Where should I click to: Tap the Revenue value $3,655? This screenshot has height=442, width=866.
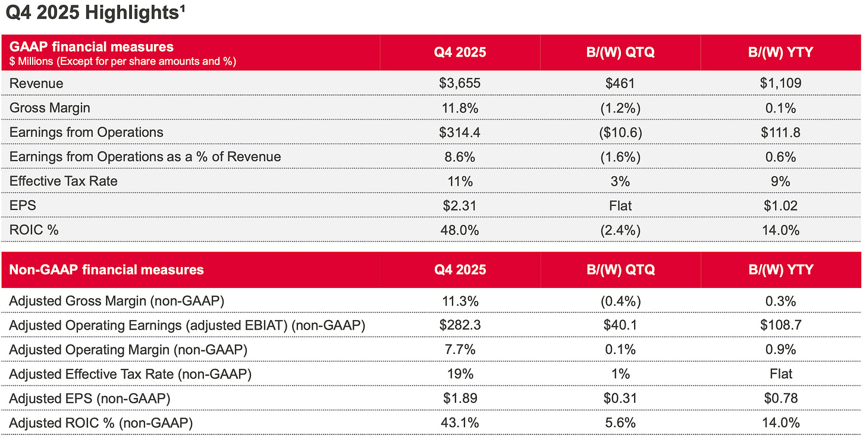(x=459, y=83)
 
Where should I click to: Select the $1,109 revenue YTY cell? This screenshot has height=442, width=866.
(x=780, y=83)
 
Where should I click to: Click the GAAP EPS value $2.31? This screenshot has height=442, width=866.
(x=459, y=205)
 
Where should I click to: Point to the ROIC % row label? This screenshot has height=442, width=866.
(x=34, y=230)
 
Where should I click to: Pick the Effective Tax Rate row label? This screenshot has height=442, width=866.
(x=64, y=181)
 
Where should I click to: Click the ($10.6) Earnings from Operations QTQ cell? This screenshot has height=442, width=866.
(x=620, y=132)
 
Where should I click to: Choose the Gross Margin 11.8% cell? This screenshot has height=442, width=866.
(x=459, y=108)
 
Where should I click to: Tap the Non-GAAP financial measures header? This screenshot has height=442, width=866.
(x=106, y=269)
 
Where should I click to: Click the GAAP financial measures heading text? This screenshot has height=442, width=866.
(x=92, y=46)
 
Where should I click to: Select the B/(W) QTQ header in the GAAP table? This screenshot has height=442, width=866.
(x=620, y=52)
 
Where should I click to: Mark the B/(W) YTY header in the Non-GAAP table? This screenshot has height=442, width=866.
(x=780, y=269)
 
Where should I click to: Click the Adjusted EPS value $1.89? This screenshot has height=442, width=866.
(x=459, y=399)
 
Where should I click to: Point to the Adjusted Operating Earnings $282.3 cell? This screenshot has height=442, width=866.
(x=459, y=325)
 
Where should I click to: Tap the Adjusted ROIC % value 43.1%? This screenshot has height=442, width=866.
(x=459, y=423)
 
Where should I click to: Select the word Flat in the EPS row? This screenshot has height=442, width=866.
(x=620, y=205)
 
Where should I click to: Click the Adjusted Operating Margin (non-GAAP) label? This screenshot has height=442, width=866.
(x=128, y=350)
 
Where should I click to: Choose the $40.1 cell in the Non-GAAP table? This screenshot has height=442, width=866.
(x=620, y=325)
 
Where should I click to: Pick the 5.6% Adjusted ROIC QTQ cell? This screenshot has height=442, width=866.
(x=620, y=423)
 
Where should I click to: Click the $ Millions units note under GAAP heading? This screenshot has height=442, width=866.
(x=123, y=61)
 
